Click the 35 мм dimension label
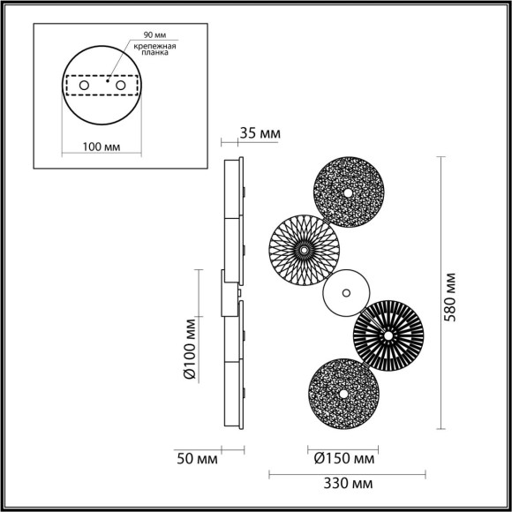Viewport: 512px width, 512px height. click(260, 133)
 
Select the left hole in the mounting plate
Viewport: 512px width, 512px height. click(85, 87)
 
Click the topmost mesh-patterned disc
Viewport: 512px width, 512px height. click(350, 192)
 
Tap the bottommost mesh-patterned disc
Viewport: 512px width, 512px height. click(340, 391)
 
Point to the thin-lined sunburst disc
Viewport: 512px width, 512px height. click(303, 251)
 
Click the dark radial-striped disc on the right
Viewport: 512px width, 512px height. click(388, 335)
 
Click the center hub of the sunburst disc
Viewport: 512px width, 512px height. click(303, 251)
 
